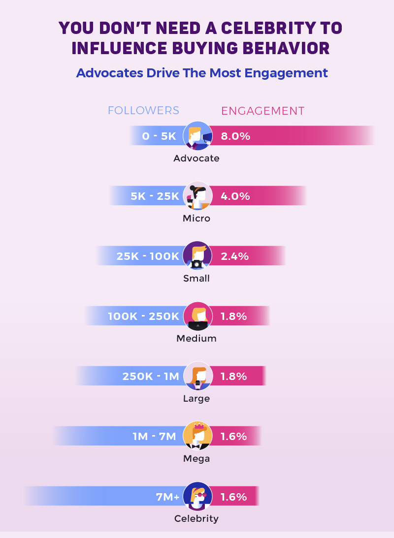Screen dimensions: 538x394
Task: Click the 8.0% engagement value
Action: click(x=235, y=136)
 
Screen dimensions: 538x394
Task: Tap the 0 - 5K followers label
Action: click(x=159, y=136)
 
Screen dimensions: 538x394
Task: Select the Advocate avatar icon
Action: click(x=197, y=135)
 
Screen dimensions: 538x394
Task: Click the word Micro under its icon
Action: click(x=197, y=218)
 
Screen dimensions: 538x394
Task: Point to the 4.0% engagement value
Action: click(x=235, y=196)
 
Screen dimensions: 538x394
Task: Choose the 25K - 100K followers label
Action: click(x=148, y=256)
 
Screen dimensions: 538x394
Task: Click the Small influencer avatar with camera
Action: click(x=197, y=255)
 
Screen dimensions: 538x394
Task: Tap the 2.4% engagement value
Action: click(x=235, y=256)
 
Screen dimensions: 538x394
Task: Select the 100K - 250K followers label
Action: click(x=143, y=316)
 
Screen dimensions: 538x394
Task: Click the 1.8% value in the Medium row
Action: click(x=234, y=316)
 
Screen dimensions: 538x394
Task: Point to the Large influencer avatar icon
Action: click(x=197, y=376)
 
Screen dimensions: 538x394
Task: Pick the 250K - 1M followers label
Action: click(x=150, y=377)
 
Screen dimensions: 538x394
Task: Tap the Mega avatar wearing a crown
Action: click(x=197, y=436)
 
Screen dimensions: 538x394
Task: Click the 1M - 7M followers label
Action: click(x=154, y=437)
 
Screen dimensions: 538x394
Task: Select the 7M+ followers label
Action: click(x=167, y=497)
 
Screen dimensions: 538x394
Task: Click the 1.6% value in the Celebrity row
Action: click(x=234, y=497)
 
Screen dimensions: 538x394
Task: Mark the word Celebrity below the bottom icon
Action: click(x=197, y=518)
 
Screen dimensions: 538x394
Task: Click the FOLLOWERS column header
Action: click(x=143, y=111)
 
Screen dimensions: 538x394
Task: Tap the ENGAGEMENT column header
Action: click(x=263, y=111)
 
